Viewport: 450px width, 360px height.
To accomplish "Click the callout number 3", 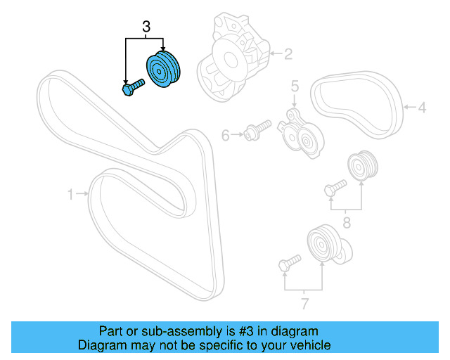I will (x=146, y=27).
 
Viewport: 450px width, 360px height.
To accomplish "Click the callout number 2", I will (x=288, y=52).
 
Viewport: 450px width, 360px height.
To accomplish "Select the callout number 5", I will (x=295, y=86).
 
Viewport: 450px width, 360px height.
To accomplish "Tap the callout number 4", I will (x=422, y=108).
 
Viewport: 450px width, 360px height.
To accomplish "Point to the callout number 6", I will (x=226, y=135).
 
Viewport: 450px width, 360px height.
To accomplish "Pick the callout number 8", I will (x=345, y=224).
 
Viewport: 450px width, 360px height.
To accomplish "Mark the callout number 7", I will (x=304, y=303).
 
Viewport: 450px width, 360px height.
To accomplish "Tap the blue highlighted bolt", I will (x=131, y=88).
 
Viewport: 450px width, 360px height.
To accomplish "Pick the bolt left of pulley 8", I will (x=333, y=187).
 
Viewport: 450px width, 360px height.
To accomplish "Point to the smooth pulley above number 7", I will (x=323, y=246).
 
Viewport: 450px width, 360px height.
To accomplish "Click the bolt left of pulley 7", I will (x=288, y=264).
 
